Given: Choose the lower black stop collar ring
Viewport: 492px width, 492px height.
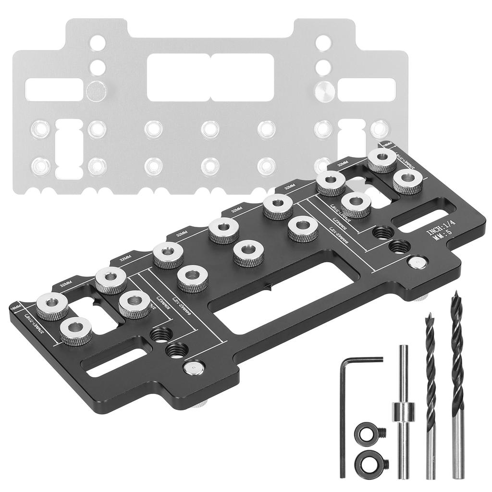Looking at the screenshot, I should pos(371,463).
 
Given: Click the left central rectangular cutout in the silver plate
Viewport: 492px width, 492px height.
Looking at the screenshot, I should pos(178,77).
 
